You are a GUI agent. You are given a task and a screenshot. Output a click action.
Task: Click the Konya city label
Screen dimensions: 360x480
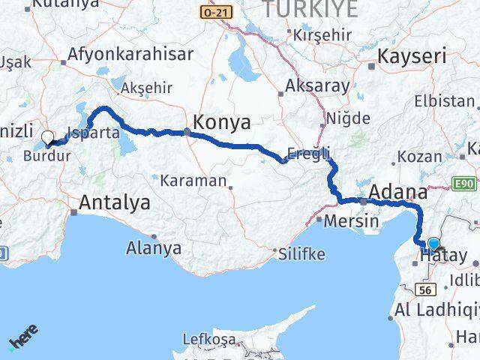222,122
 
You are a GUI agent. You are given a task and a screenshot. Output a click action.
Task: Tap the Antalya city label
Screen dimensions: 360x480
114,202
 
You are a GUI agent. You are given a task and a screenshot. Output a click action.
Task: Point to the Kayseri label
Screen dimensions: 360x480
412,56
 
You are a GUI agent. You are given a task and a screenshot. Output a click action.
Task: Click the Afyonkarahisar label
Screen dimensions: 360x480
130,54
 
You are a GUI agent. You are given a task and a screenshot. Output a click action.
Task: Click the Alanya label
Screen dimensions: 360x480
154,247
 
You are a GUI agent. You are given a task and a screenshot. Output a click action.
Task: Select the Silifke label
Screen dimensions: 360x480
300,254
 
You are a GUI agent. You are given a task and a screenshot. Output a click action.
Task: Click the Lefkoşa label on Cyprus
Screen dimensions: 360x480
207,340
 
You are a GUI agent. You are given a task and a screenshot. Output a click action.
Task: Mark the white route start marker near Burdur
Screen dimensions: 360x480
48,137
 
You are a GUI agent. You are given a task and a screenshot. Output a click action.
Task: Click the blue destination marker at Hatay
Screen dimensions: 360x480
433,243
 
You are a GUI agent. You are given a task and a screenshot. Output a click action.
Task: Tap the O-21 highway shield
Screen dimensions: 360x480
217,12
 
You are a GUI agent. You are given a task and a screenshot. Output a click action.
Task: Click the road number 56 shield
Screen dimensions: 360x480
427,289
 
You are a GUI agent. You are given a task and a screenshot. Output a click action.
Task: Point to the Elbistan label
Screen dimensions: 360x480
448,101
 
